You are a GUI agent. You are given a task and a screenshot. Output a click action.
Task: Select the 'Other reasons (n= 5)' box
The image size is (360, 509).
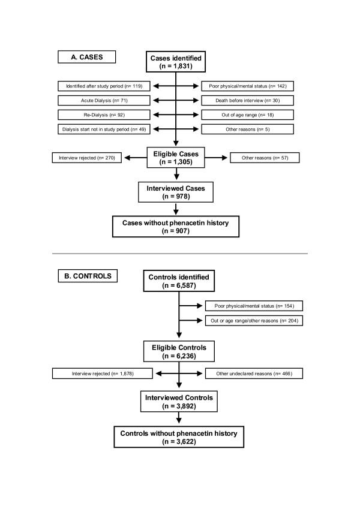(247, 129)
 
